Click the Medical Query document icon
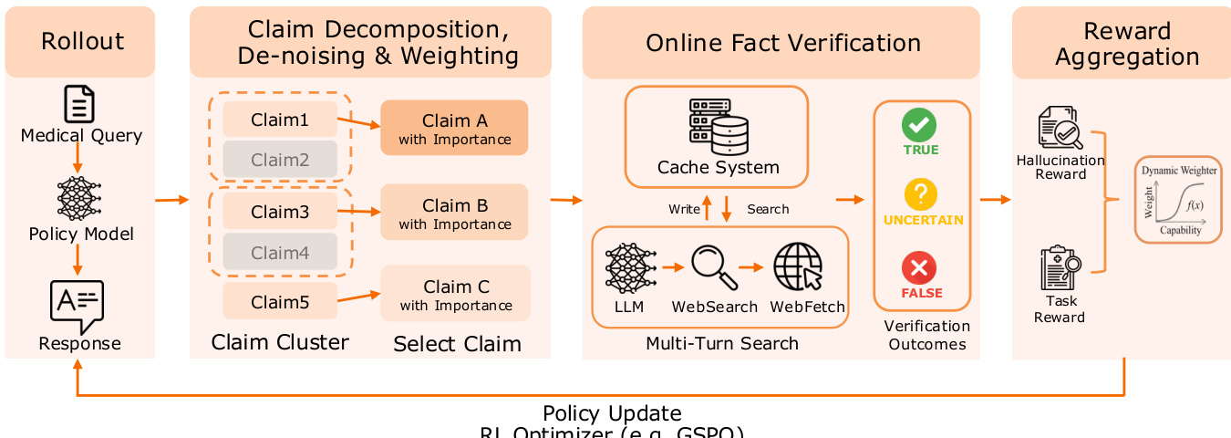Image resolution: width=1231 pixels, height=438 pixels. (x=79, y=103)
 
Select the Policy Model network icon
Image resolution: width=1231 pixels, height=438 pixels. (x=79, y=198)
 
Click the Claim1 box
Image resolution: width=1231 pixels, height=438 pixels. (x=280, y=120)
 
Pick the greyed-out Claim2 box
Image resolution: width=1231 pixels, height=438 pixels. (x=280, y=160)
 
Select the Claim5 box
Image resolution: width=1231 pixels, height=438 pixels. (x=280, y=300)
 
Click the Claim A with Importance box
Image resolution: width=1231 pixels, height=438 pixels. (x=454, y=130)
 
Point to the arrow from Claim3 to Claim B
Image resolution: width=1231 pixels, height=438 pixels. (x=358, y=212)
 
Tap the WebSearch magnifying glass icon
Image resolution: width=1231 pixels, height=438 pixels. (x=713, y=267)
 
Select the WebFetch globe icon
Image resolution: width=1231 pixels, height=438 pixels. (x=795, y=267)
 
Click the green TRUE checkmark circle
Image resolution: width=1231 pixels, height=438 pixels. (x=919, y=124)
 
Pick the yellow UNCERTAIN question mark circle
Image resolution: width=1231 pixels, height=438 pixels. (x=919, y=195)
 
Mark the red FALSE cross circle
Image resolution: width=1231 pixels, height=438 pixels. (x=919, y=268)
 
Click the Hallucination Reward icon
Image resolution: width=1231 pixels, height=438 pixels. (x=1060, y=129)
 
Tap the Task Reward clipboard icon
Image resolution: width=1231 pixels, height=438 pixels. (x=1060, y=267)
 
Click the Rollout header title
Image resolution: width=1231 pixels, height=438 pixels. (x=82, y=42)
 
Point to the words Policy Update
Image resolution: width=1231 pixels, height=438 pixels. (x=612, y=413)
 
